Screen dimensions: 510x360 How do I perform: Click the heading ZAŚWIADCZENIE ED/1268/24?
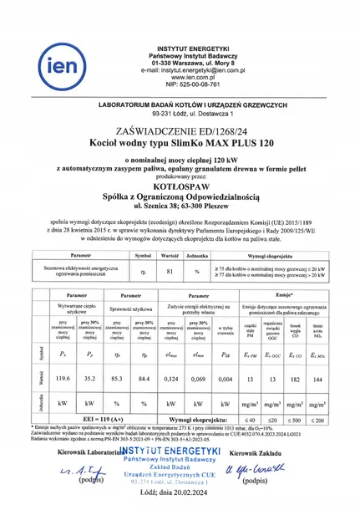point(180,131)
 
